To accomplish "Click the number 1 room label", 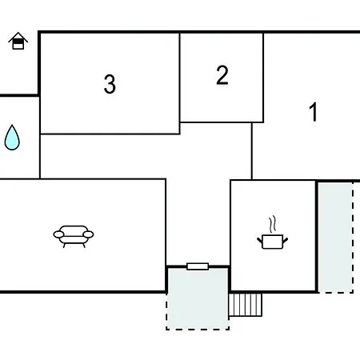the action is click(x=314, y=112).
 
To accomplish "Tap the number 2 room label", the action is click(x=222, y=75).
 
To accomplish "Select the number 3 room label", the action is click(x=110, y=84).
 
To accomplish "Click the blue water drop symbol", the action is click(x=12, y=138).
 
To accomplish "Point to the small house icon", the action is click(x=18, y=41).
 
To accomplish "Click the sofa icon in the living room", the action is click(x=74, y=237).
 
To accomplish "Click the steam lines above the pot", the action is click(x=272, y=224).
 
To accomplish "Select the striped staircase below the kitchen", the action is click(x=246, y=305).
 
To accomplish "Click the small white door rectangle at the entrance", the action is click(x=198, y=266).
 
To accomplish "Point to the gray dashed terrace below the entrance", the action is click(x=198, y=298).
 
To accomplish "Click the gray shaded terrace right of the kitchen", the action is click(x=336, y=238).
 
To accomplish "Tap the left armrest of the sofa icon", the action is click(x=58, y=234).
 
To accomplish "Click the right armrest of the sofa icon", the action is click(x=88, y=234).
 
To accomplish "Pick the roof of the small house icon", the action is click(x=18, y=37).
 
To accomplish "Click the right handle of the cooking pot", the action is click(x=285, y=240).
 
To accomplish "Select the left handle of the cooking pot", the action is click(x=260, y=240).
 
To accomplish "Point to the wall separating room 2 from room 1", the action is click(x=263, y=78).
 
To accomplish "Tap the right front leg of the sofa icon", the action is click(x=84, y=246).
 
